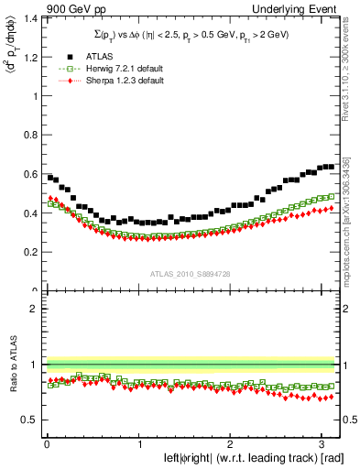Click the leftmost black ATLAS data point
pyautogui.click(x=49, y=177)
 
